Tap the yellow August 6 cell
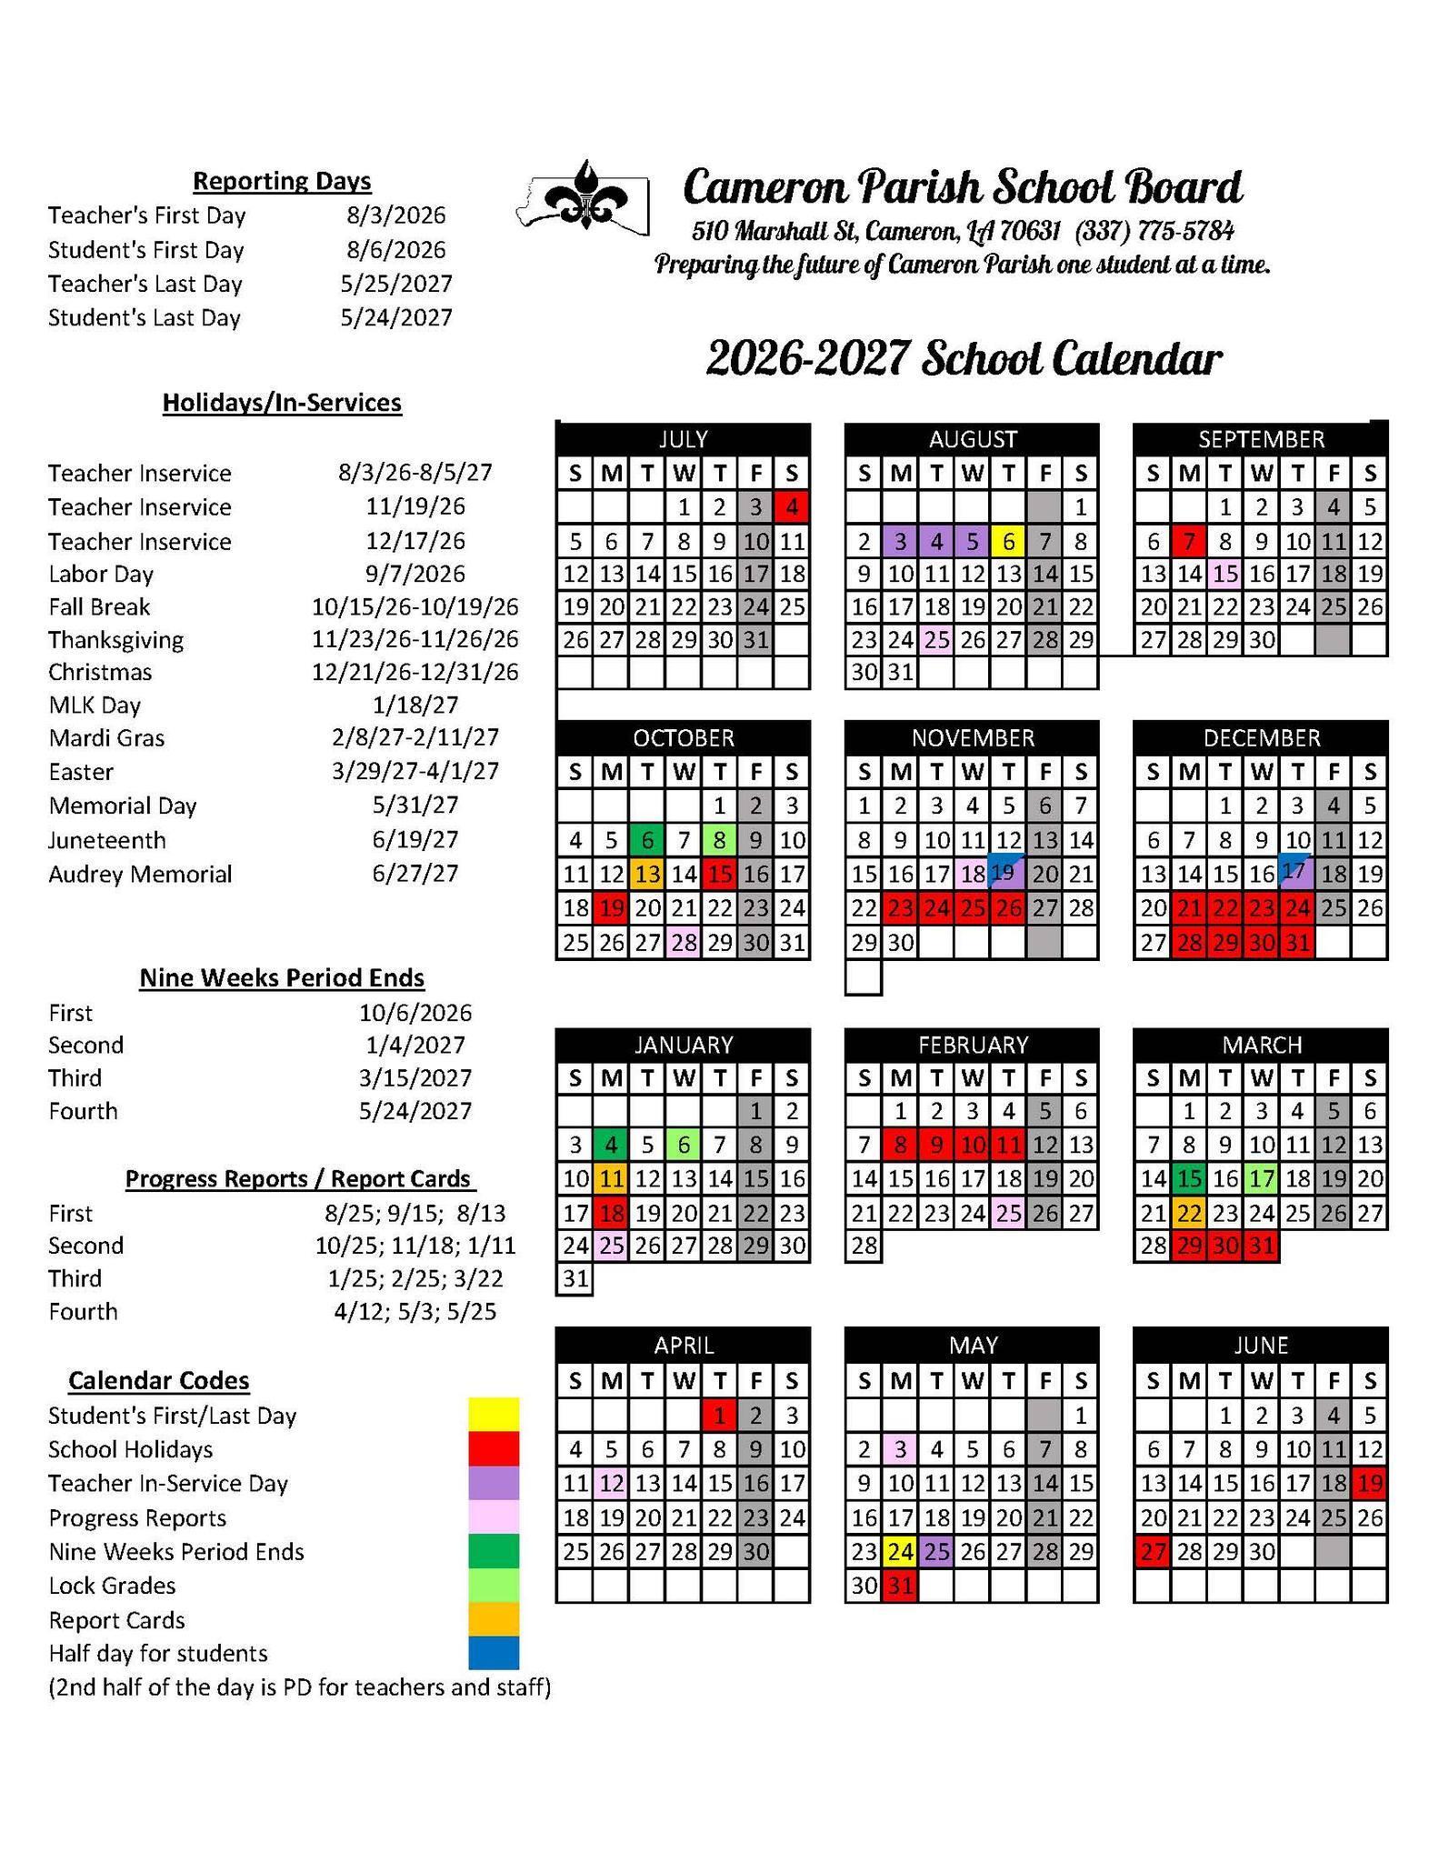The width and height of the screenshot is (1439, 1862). pyautogui.click(x=1008, y=542)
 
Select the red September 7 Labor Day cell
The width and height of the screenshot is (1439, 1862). pyautogui.click(x=1188, y=542)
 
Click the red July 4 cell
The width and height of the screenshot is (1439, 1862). pyautogui.click(x=792, y=506)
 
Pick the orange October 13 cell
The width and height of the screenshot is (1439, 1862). pyautogui.click(x=647, y=875)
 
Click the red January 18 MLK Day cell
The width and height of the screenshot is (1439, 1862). pyautogui.click(x=611, y=1213)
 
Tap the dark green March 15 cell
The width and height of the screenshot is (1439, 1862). pyautogui.click(x=1188, y=1179)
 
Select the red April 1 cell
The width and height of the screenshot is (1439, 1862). pyautogui.click(x=719, y=1416)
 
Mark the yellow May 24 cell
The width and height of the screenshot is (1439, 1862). pyautogui.click(x=900, y=1552)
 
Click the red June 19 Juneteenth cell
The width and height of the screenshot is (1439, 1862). pyautogui.click(x=1369, y=1484)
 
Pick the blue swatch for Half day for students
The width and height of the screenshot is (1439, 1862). pyautogui.click(x=494, y=1653)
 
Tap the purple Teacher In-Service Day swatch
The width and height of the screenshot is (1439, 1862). pyautogui.click(x=494, y=1483)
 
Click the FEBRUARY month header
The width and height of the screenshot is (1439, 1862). pyautogui.click(x=972, y=1044)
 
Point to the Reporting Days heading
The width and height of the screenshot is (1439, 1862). pyautogui.click(x=282, y=181)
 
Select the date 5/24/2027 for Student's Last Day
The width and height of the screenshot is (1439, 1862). pyautogui.click(x=396, y=317)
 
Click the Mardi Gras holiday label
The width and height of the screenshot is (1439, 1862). pyautogui.click(x=107, y=737)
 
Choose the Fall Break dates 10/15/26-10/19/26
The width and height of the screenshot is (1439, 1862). pyautogui.click(x=415, y=606)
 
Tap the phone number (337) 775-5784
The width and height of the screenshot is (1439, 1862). pyautogui.click(x=1154, y=232)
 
